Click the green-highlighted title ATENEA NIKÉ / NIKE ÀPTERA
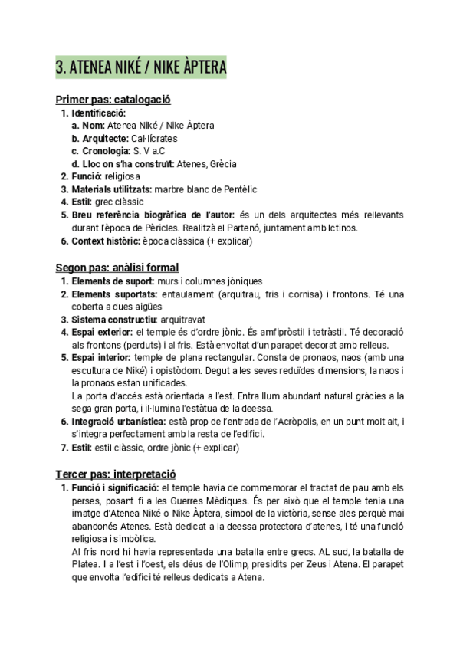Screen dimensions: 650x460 click(x=141, y=67)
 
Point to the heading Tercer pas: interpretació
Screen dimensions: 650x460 click(x=116, y=474)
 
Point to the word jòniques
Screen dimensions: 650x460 click(x=242, y=281)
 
